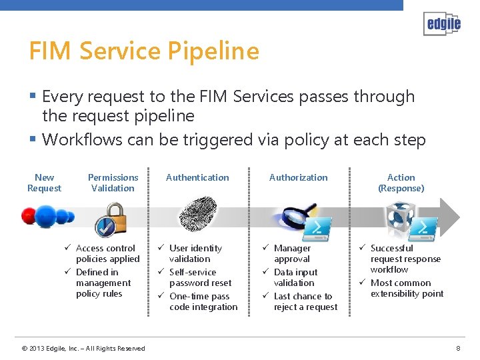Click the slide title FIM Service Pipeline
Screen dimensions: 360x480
[144, 51]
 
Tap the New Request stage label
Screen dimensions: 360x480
[44, 183]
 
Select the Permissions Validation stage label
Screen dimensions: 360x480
[113, 183]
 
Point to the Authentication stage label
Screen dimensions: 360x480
[197, 177]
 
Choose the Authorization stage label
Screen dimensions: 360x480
[298, 177]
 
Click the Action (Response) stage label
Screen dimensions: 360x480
[401, 183]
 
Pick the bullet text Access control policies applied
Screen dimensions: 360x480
[107, 253]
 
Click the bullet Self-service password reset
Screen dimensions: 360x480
[200, 277]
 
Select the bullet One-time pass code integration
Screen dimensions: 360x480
[203, 301]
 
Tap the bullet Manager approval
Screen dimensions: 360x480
[292, 253]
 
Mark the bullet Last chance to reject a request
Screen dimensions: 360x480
[305, 301]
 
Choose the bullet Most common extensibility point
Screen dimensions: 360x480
[406, 288]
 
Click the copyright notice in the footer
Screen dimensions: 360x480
[83, 348]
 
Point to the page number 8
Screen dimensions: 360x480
[458, 348]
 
